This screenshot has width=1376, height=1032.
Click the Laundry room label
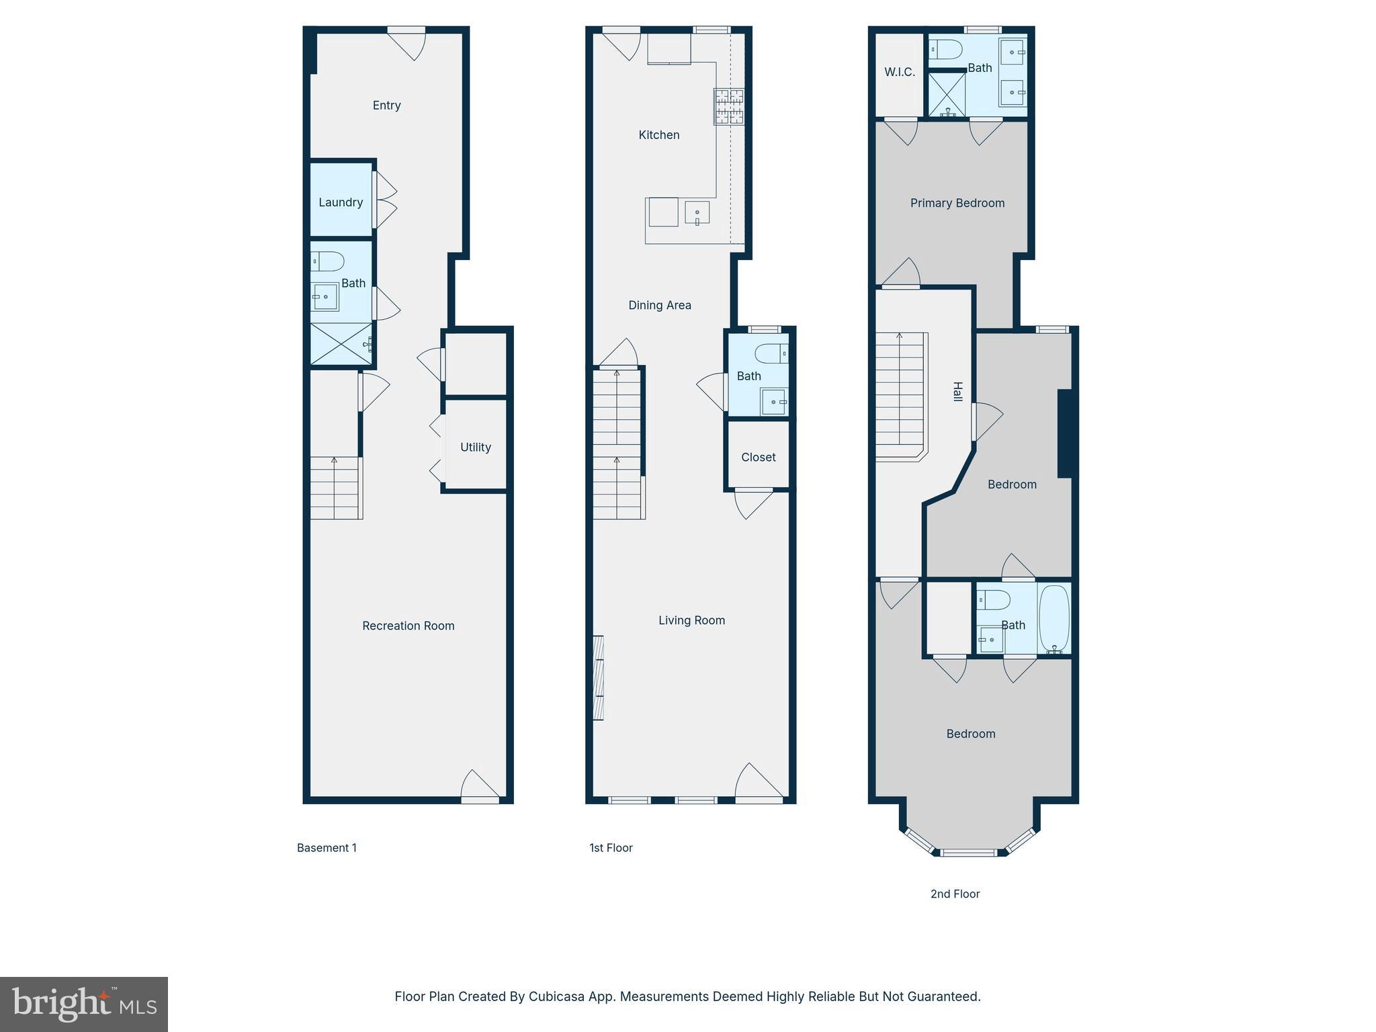[x=341, y=202]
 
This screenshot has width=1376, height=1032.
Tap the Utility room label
[x=476, y=447]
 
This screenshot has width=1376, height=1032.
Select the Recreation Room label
[x=408, y=626]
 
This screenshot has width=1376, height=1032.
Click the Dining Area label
[x=660, y=306]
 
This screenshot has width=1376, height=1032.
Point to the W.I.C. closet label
[x=900, y=73]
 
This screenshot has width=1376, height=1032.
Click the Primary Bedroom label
[x=957, y=204]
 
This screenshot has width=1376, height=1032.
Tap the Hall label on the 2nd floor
[x=958, y=392]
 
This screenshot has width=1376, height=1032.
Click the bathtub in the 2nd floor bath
[x=1054, y=618]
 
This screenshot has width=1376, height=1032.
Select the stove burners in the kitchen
[x=729, y=107]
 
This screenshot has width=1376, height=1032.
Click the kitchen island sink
[x=697, y=213]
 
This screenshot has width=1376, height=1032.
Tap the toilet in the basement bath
[x=327, y=261]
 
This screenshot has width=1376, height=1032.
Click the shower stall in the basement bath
[x=341, y=345]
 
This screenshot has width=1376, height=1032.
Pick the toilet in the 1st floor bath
[x=771, y=353]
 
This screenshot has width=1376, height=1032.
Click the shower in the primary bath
[x=947, y=94]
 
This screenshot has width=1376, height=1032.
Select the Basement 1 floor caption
[x=327, y=848]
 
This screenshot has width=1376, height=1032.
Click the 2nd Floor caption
[x=955, y=894]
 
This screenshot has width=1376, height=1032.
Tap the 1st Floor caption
[x=611, y=848]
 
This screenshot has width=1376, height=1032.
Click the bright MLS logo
[x=84, y=1004]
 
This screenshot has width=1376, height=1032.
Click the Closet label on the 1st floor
[x=759, y=458]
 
